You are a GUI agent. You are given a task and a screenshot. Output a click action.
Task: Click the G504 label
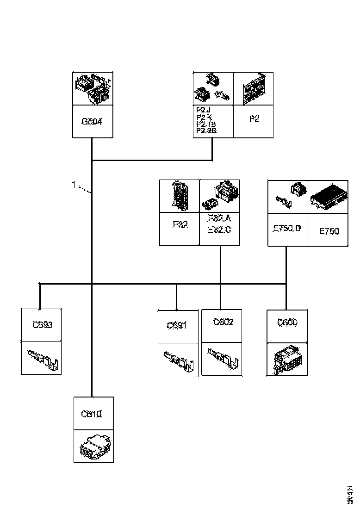click(x=92, y=122)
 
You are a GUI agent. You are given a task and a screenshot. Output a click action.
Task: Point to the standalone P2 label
click(x=254, y=119)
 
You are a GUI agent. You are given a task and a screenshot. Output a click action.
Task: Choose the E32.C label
click(x=219, y=230)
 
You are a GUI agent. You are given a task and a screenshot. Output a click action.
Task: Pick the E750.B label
click(x=287, y=228)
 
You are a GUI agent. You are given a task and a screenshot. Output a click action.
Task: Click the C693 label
click(x=43, y=325)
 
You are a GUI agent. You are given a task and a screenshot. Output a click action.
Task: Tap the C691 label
click(x=177, y=326)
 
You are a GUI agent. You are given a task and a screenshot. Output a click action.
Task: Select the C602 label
click(x=223, y=322)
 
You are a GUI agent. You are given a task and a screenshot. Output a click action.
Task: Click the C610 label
click(x=91, y=414)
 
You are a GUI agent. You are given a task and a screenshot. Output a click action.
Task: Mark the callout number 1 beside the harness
click(x=74, y=185)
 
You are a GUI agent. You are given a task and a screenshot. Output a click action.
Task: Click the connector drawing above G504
click(x=93, y=88)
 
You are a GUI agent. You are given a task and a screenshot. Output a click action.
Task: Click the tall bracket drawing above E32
click(x=179, y=196)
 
